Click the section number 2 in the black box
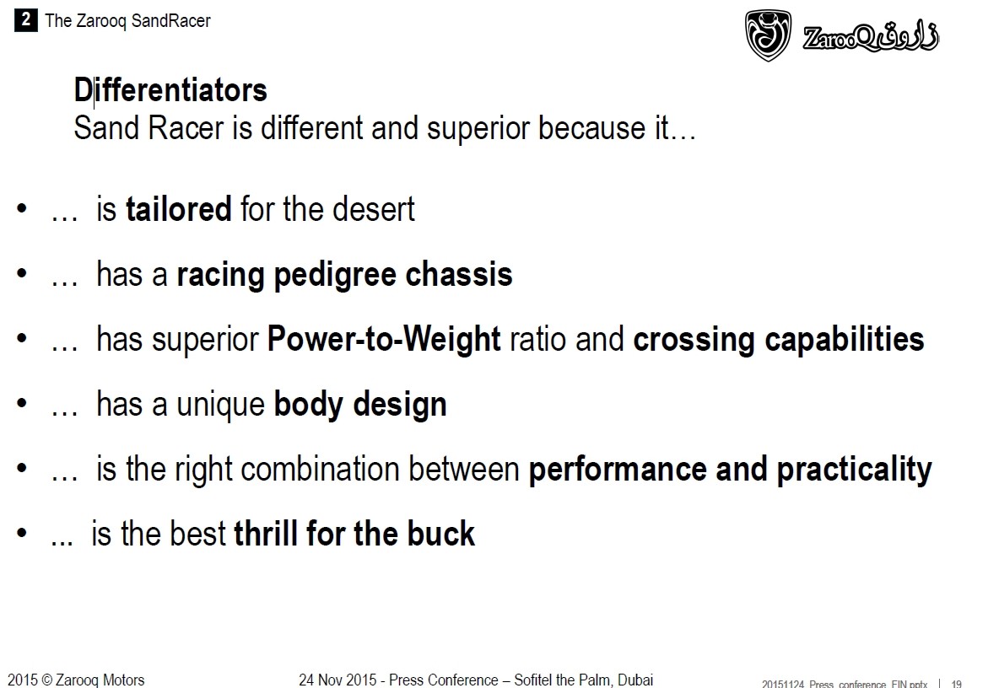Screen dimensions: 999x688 pos(25,19)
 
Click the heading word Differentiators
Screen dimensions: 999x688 pos(170,89)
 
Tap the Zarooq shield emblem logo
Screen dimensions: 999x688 pos(769,35)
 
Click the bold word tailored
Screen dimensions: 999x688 pos(178,209)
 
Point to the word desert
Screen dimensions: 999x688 pos(373,209)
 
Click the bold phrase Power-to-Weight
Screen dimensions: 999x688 pos(384,339)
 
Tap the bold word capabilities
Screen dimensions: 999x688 pos(845,339)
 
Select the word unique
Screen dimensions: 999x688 pos(220,404)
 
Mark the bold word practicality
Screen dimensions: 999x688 pos(855,470)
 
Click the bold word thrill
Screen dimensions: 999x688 pos(266,533)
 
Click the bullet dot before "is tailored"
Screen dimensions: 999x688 pos(22,208)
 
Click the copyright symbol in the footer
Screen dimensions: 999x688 pos(47,680)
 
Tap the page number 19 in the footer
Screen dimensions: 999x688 pos(956,684)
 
